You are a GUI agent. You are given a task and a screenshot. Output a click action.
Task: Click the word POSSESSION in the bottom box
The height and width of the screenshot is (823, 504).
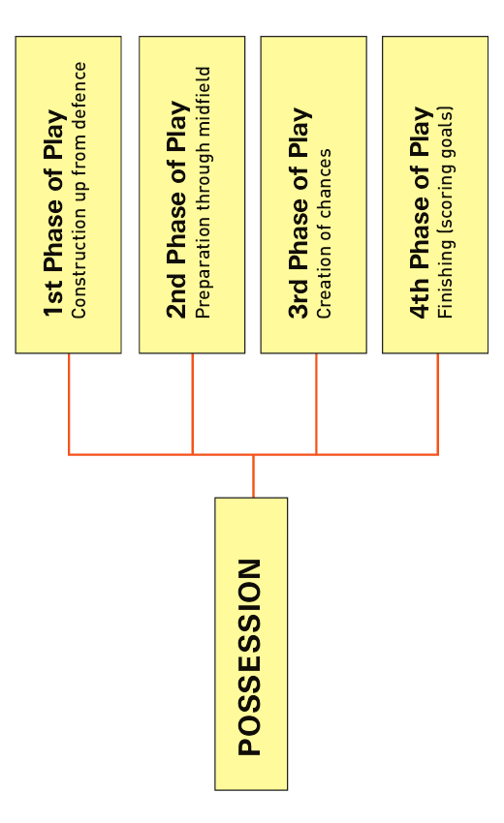click(x=250, y=657)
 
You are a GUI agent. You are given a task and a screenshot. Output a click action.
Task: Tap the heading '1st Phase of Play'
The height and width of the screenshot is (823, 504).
click(x=54, y=213)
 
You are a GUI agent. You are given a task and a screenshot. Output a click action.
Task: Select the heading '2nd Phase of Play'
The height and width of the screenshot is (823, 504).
click(x=177, y=209)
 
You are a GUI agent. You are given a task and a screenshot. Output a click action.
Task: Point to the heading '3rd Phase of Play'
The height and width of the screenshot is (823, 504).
click(x=300, y=213)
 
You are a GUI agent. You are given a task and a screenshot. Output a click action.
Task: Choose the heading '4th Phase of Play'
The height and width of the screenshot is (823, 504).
click(x=422, y=213)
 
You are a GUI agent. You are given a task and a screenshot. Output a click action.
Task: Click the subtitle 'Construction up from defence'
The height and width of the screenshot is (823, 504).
click(x=79, y=190)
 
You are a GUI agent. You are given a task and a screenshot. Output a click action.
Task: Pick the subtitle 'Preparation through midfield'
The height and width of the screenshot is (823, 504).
click(x=203, y=193)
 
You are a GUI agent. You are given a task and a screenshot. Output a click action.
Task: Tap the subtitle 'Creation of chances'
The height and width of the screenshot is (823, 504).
click(x=325, y=233)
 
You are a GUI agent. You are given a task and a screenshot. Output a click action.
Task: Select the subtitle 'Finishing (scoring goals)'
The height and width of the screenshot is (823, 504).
click(x=445, y=213)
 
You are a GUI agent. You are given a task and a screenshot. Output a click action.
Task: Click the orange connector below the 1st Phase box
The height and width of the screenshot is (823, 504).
click(x=69, y=404)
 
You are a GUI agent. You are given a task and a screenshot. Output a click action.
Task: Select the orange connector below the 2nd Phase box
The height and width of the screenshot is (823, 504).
click(x=192, y=404)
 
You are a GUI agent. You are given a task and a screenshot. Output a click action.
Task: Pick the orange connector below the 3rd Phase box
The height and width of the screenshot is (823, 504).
click(x=316, y=404)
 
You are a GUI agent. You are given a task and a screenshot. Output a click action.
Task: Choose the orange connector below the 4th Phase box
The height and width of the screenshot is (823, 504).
click(x=438, y=404)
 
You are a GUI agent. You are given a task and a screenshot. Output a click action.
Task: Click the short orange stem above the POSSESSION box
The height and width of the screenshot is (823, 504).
click(x=253, y=476)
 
